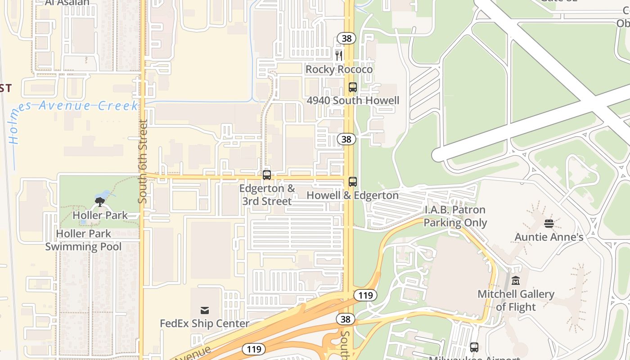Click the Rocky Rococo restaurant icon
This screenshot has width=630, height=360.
coord(339,56)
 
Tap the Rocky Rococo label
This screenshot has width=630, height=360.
coord(339,69)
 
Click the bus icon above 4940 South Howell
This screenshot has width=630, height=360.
coord(353,87)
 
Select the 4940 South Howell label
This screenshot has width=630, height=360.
coord(353,100)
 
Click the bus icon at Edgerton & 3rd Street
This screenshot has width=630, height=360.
coord(267,175)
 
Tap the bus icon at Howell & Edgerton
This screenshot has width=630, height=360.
coord(353,182)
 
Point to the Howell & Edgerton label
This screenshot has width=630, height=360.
coord(352,195)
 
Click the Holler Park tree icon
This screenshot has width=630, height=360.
coord(100,202)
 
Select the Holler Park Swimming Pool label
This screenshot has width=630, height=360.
coord(83,240)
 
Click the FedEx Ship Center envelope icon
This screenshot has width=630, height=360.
coord(205,310)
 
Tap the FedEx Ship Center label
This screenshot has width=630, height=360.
coord(204,324)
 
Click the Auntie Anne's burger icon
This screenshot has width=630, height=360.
coord(549,223)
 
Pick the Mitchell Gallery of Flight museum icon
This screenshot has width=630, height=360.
coord(516,281)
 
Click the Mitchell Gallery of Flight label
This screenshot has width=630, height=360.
coord(516,301)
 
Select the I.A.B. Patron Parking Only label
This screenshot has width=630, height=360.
coord(455,216)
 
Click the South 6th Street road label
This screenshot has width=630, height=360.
coord(143,161)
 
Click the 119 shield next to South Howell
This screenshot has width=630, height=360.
coord(365,295)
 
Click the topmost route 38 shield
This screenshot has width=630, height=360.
coord(346,38)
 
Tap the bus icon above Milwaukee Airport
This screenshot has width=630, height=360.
coord(474,347)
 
